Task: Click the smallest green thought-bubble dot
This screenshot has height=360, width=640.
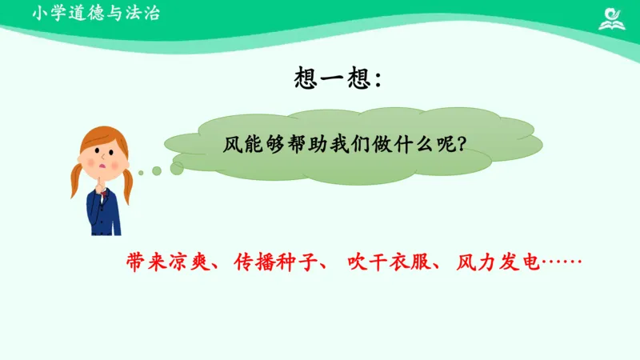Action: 140,172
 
